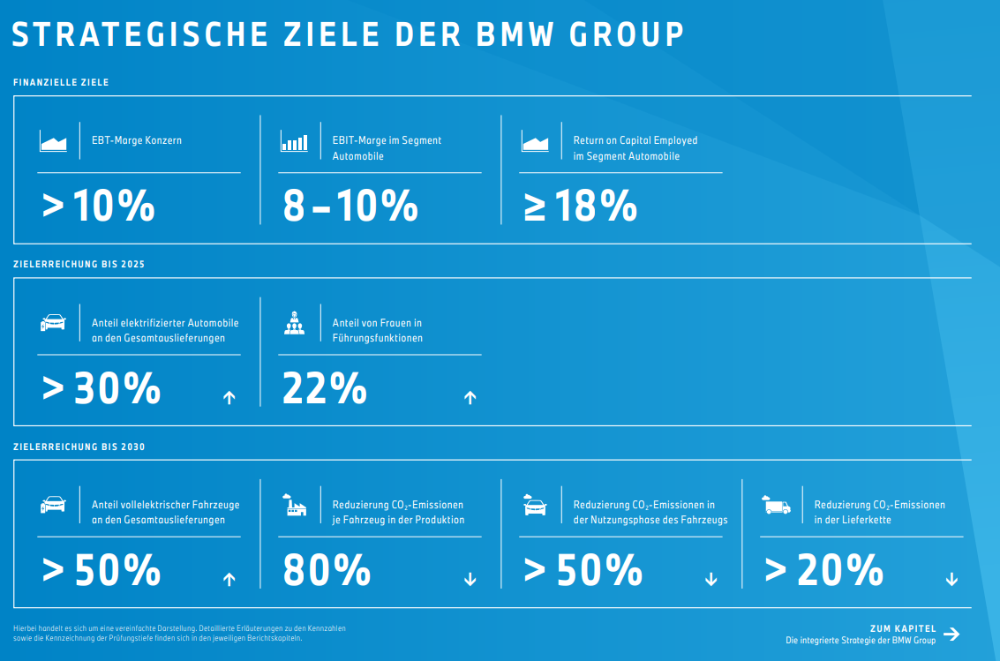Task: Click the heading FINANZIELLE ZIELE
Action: coord(61,82)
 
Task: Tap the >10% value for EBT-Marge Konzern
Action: coord(98,207)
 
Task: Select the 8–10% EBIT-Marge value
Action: coord(350,207)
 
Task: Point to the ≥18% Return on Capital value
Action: coord(580,207)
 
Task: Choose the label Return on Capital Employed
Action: coord(635,140)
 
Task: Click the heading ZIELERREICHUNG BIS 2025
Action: coord(79,264)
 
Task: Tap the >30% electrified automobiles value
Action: coord(102,389)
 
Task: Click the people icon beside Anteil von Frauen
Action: coord(294,324)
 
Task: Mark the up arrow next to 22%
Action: coord(470,398)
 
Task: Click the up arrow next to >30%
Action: coord(229,398)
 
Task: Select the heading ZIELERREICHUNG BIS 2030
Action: coord(79,447)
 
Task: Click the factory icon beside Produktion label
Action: coord(294,506)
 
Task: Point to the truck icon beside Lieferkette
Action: coord(776,506)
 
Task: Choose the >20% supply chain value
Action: coord(823,570)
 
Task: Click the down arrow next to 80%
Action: coord(470,580)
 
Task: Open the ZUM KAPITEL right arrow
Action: coord(951,634)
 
